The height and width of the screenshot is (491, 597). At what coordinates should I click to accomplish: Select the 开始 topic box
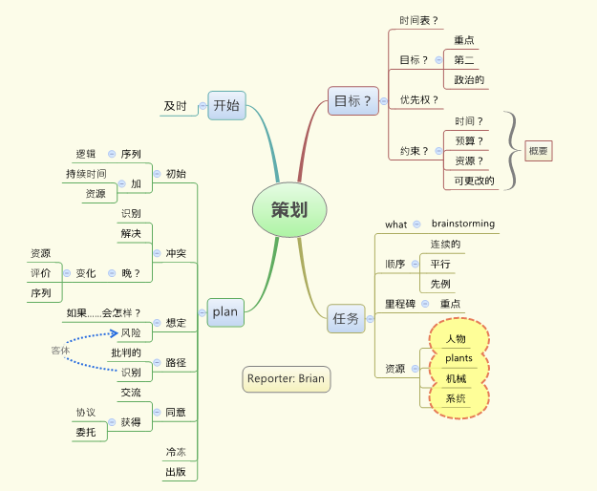227,106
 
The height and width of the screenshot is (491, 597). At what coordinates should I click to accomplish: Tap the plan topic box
225,311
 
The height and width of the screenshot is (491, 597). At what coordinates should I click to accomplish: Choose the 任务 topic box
346,318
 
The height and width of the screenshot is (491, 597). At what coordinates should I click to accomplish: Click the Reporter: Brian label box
286,378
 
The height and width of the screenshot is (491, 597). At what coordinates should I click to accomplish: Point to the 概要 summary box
539,150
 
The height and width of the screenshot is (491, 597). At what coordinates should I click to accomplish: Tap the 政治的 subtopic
469,80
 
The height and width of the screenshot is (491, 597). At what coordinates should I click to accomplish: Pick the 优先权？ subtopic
419,99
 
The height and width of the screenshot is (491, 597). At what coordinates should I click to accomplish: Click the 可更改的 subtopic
475,180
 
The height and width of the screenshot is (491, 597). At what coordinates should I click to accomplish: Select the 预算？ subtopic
469,140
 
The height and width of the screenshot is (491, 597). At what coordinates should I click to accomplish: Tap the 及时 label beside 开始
174,106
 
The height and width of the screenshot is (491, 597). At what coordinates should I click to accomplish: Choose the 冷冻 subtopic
176,453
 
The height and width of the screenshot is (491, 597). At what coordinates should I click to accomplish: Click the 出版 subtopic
176,472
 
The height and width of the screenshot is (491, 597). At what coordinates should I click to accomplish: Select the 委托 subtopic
85,432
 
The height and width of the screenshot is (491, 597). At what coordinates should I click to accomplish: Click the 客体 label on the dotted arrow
60,351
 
